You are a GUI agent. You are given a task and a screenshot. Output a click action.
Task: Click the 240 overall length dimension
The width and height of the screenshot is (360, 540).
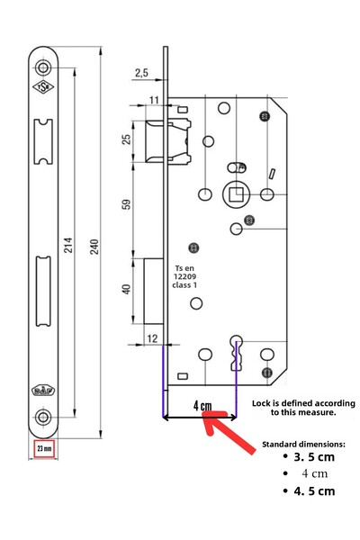[x=94, y=247]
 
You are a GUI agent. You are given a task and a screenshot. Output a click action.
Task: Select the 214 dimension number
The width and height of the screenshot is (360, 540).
[x=68, y=245]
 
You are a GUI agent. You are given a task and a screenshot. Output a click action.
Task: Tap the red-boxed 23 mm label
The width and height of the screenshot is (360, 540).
[x=44, y=449]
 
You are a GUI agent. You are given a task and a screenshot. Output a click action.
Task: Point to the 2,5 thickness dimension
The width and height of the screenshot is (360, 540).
[x=141, y=73]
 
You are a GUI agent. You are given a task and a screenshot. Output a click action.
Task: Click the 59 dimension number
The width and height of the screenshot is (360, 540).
[x=126, y=204]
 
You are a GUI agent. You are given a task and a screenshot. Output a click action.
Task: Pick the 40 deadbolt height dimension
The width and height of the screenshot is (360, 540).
[x=126, y=289]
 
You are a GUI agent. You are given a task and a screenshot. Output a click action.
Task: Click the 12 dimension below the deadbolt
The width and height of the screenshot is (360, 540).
[x=152, y=338]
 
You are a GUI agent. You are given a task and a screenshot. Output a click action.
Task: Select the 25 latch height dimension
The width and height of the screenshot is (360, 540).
[x=126, y=139]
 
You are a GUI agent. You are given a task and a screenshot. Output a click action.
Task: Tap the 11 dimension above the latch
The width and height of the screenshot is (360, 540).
[x=154, y=100]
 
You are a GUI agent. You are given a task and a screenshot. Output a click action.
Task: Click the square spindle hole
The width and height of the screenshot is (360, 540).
[x=236, y=194]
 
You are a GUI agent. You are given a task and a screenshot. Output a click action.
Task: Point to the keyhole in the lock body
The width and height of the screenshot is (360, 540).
[x=237, y=352]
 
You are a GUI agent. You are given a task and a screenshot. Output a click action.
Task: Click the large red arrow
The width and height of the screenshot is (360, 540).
[x=228, y=431]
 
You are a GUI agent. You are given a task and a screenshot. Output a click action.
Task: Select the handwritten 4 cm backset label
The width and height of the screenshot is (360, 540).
[x=202, y=406]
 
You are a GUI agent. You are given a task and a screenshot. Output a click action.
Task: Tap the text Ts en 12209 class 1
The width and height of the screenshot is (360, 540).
[x=184, y=276]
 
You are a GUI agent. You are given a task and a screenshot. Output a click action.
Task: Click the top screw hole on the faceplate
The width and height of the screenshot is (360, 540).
[x=43, y=67]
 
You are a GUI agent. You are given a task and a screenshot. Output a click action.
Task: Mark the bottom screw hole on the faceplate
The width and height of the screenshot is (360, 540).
[x=43, y=418]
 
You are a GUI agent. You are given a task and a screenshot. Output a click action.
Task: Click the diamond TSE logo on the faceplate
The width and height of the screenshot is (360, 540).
[x=43, y=87]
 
